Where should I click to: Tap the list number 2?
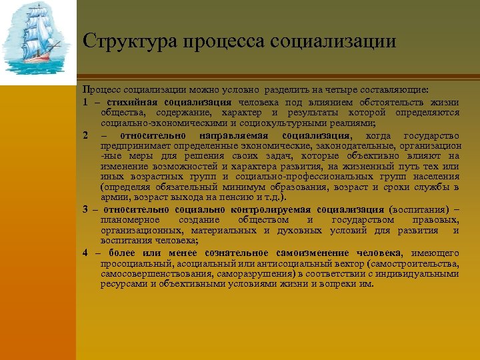86,135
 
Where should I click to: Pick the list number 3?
86,209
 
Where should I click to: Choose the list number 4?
86,253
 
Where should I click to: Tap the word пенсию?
237,198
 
